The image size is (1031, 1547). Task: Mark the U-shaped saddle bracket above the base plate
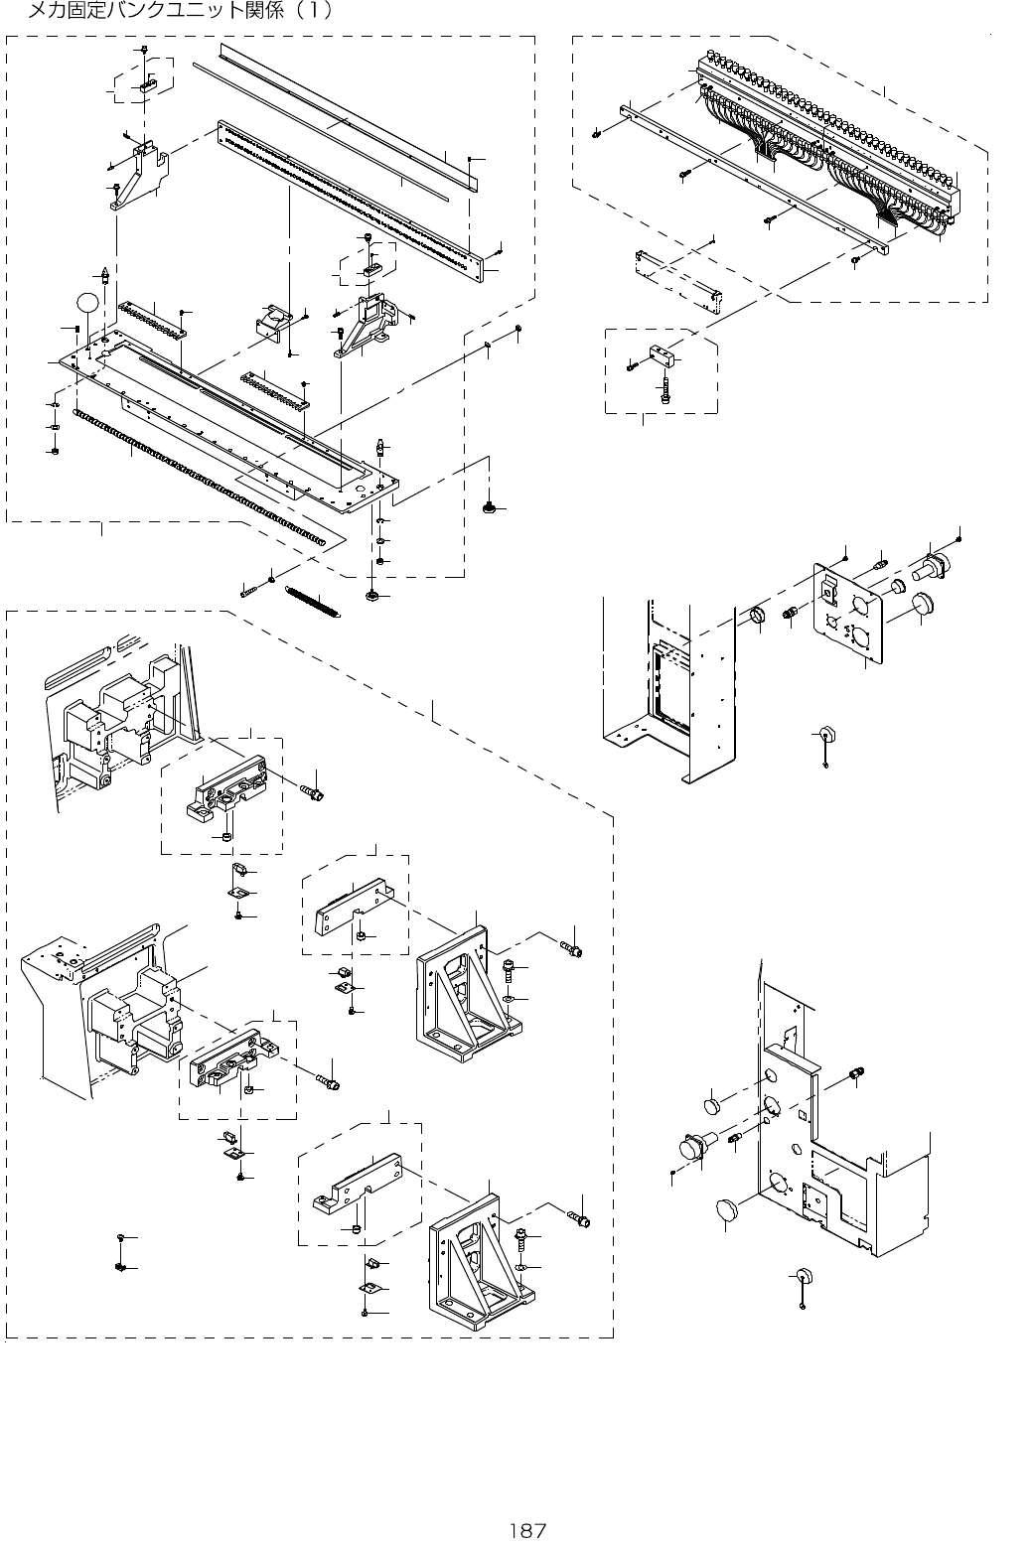coord(270,323)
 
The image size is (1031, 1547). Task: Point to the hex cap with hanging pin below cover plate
coord(823,736)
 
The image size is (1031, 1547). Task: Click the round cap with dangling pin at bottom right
coord(802,1275)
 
